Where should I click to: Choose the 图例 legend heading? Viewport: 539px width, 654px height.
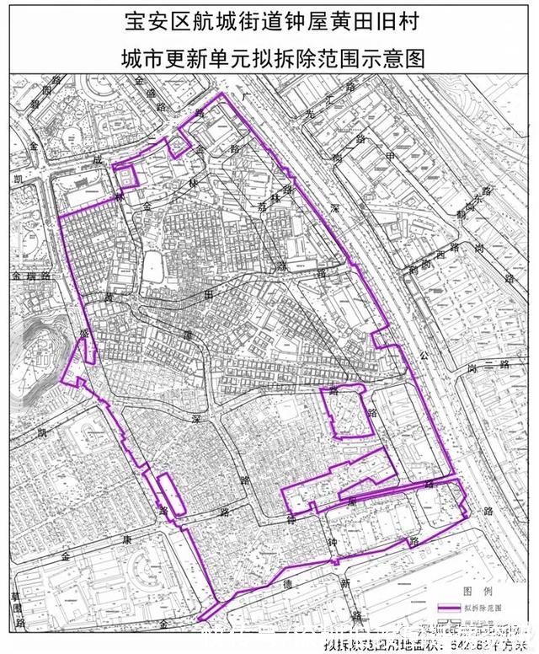click(x=472, y=590)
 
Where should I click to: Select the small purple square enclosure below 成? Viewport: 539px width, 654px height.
click(x=125, y=176)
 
